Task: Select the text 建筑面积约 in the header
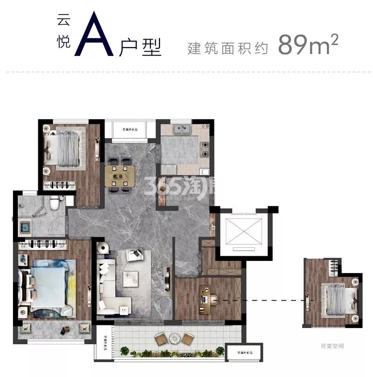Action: [228, 48]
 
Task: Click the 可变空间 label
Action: [332, 346]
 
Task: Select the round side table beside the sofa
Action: [124, 309]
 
